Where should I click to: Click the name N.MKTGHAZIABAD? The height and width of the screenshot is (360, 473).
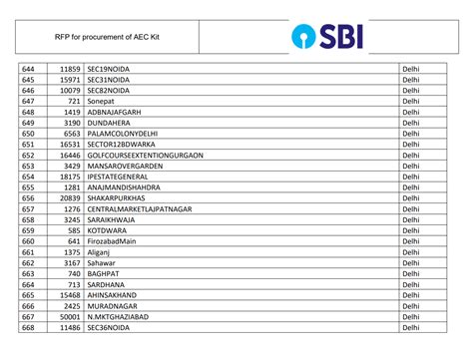[122, 315]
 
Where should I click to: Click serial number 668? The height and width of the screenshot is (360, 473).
[28, 326]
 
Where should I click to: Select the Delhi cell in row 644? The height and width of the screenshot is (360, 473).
[410, 68]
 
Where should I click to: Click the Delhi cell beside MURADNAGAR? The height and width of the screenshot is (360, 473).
[410, 304]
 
